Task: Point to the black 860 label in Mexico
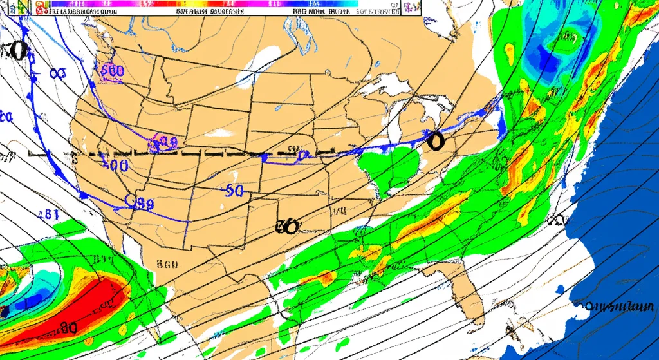coord(167,263)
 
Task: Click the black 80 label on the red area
coord(68,327)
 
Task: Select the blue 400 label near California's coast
coord(116,165)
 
